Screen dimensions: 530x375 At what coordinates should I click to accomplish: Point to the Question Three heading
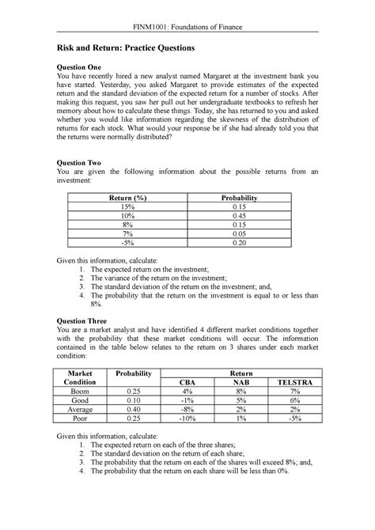[x=81, y=322]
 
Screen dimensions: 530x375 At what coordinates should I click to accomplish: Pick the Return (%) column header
[x=121, y=198]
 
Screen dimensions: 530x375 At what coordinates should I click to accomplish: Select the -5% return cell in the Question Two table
[x=121, y=243]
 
